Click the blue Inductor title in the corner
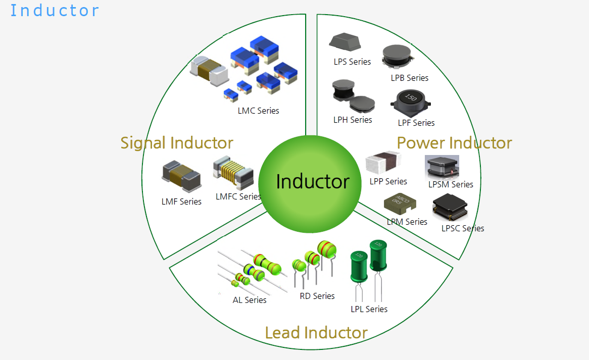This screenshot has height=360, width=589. coord(55,10)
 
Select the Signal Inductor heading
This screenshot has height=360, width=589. coord(177,143)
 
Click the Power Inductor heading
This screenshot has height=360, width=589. coord(454,143)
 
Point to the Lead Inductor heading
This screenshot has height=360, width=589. coord(316,333)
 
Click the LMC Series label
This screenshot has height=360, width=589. coord(258,111)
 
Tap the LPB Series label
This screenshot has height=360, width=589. coord(409,78)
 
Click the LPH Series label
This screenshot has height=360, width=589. coord(353,120)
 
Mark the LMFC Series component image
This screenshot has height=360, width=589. coord(233,170)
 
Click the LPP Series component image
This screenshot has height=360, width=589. coord(383,163)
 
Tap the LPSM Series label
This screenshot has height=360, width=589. coord(451,184)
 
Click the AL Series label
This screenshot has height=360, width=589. coord(250,300)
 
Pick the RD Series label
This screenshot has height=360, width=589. coord(317,296)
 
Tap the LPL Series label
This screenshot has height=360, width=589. coord(369,309)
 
